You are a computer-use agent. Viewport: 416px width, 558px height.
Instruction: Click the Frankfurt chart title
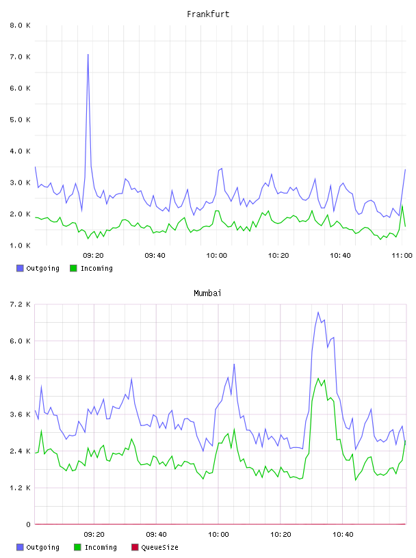(208, 14)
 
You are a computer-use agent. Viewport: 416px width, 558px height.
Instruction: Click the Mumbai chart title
(207, 293)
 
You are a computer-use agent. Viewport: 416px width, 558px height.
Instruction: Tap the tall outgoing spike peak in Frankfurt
(88, 55)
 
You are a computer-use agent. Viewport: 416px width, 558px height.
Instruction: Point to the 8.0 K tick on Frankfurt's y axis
(21, 25)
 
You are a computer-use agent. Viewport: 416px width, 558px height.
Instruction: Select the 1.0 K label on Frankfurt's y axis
(21, 245)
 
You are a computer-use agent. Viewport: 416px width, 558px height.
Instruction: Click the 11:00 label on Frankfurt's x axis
(402, 256)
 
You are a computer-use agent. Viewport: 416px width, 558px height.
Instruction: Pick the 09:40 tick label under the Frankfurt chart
(155, 256)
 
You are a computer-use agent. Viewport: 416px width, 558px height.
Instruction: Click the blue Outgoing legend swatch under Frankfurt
(20, 268)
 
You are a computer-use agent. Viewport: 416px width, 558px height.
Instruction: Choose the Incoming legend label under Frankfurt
(97, 268)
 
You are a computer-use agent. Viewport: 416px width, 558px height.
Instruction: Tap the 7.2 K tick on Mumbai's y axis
(21, 304)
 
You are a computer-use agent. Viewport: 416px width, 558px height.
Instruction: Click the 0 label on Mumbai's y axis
(28, 524)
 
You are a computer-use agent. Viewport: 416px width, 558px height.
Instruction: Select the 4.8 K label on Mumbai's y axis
(21, 378)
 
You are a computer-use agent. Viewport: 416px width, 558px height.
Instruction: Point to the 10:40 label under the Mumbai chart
(343, 535)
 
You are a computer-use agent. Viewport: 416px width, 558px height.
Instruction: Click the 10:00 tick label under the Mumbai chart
(218, 535)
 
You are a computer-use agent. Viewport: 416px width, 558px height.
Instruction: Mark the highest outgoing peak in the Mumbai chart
(318, 313)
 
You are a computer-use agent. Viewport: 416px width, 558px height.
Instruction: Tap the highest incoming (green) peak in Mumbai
(318, 378)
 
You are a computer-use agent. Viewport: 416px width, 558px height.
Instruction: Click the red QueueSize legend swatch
(135, 547)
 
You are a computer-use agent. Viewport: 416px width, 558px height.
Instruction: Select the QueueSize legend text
(160, 548)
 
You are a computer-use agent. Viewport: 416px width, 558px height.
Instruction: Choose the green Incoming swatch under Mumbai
(77, 547)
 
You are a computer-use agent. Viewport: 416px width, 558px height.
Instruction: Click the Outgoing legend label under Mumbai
(42, 548)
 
